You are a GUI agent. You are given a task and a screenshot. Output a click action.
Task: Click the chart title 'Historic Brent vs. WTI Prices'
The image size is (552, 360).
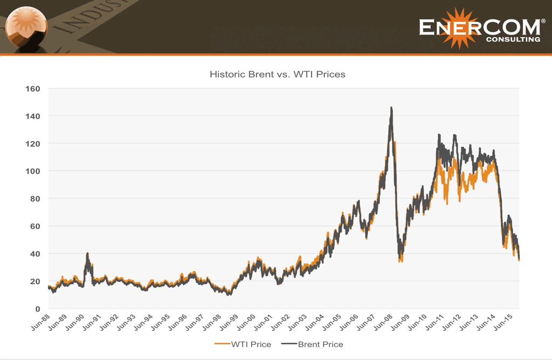(277, 74)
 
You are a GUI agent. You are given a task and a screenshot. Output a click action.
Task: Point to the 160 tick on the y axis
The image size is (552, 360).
(33, 88)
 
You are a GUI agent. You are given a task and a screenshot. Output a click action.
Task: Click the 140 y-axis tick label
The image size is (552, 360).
(33, 116)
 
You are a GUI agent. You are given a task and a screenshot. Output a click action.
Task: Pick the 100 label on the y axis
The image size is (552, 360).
(33, 171)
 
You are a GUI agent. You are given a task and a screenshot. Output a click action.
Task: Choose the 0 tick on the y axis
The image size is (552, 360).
(38, 308)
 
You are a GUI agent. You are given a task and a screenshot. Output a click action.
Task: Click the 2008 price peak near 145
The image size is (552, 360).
(391, 108)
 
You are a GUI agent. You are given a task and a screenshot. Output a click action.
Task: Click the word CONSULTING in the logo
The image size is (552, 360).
(513, 39)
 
